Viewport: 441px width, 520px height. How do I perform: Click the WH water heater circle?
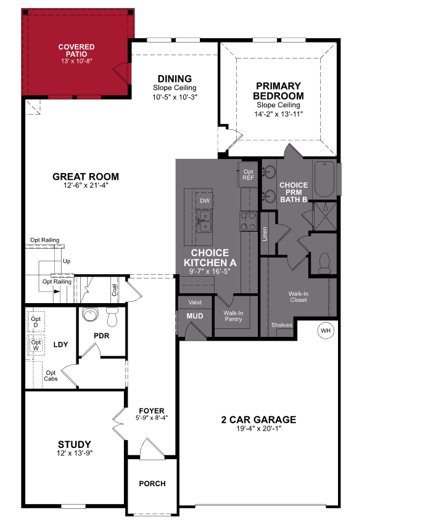(326, 331)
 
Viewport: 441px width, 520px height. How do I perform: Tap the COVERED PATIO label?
(76, 51)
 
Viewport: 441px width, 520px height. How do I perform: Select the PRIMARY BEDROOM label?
(278, 91)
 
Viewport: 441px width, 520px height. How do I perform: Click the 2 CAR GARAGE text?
(258, 420)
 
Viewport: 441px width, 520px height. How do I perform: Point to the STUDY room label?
(75, 444)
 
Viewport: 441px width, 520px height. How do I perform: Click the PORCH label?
(152, 484)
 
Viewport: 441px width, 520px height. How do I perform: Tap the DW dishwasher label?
(204, 201)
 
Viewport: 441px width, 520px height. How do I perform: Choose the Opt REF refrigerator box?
(249, 175)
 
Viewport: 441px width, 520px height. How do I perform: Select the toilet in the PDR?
(112, 318)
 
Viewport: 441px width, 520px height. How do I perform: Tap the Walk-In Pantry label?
(233, 316)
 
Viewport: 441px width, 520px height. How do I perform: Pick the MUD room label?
(195, 316)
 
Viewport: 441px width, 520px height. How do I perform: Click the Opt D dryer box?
(36, 322)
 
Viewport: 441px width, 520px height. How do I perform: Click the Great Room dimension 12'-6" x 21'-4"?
(86, 186)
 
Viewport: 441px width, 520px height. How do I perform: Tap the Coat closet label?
(115, 289)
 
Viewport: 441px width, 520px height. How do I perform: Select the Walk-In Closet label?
(298, 297)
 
